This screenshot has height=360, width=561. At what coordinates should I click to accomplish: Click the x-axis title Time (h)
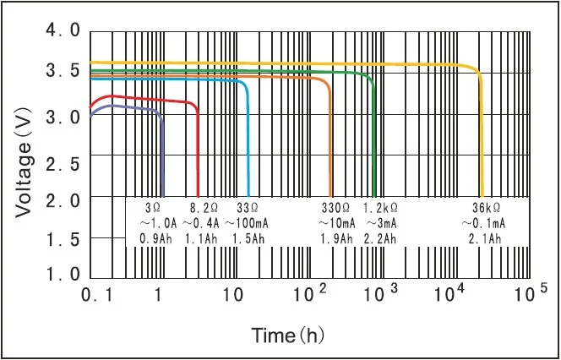tap(288, 335)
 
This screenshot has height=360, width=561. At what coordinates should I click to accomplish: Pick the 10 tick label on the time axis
tap(231, 295)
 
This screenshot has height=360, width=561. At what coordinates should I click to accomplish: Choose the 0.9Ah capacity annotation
tap(155, 239)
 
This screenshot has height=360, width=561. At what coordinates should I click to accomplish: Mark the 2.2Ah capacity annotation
tap(381, 239)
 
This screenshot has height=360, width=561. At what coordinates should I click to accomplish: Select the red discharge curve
tap(152, 99)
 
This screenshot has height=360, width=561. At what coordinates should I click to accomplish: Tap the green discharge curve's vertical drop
tap(374, 144)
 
